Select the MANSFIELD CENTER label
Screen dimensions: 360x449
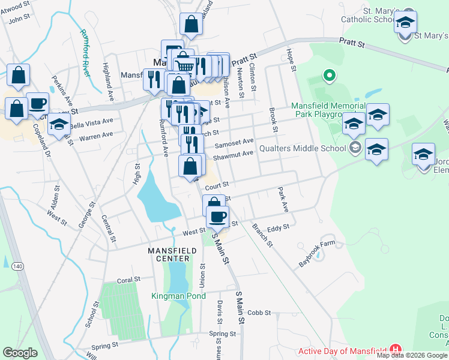(x=169, y=254)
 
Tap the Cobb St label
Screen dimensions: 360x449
(x=260, y=313)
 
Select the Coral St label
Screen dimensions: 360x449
(x=128, y=280)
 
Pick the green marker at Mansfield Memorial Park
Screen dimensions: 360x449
(x=328, y=76)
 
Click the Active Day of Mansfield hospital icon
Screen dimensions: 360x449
(x=395, y=349)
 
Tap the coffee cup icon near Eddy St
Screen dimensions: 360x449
(x=217, y=216)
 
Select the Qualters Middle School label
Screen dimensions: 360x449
(x=303, y=148)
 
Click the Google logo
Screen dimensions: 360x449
(x=20, y=353)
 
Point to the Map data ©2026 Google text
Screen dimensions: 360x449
(x=412, y=355)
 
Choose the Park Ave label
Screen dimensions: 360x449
(x=283, y=199)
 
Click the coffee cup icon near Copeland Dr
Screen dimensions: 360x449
(x=37, y=103)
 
